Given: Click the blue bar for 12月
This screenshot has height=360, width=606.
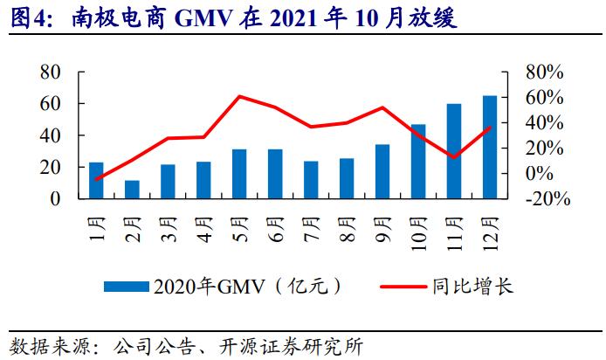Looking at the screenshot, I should pyautogui.click(x=490, y=147).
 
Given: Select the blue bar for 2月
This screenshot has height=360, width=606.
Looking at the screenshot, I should pyautogui.click(x=132, y=190).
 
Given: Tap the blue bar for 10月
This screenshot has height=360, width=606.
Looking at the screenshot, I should pyautogui.click(x=418, y=162).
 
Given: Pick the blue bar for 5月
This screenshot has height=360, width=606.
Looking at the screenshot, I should pyautogui.click(x=239, y=174).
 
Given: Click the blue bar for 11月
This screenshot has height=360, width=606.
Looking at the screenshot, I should pyautogui.click(x=454, y=151).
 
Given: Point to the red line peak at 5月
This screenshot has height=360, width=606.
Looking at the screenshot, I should pyautogui.click(x=239, y=96).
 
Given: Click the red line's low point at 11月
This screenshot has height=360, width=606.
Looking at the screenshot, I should pyautogui.click(x=454, y=157).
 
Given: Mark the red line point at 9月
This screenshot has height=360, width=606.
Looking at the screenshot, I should pyautogui.click(x=382, y=107).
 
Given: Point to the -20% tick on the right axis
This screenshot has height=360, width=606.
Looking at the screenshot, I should pyautogui.click(x=547, y=199).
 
